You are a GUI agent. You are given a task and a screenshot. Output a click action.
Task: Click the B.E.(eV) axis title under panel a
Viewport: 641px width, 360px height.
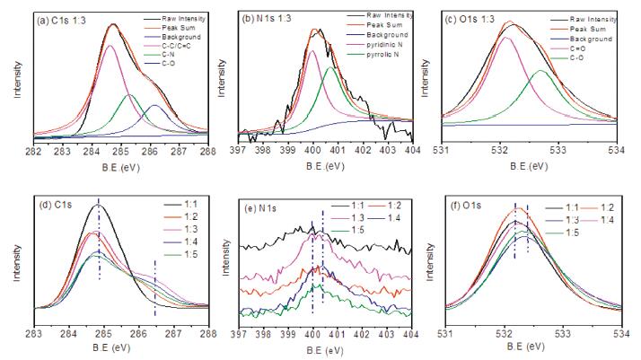click(119, 166)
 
